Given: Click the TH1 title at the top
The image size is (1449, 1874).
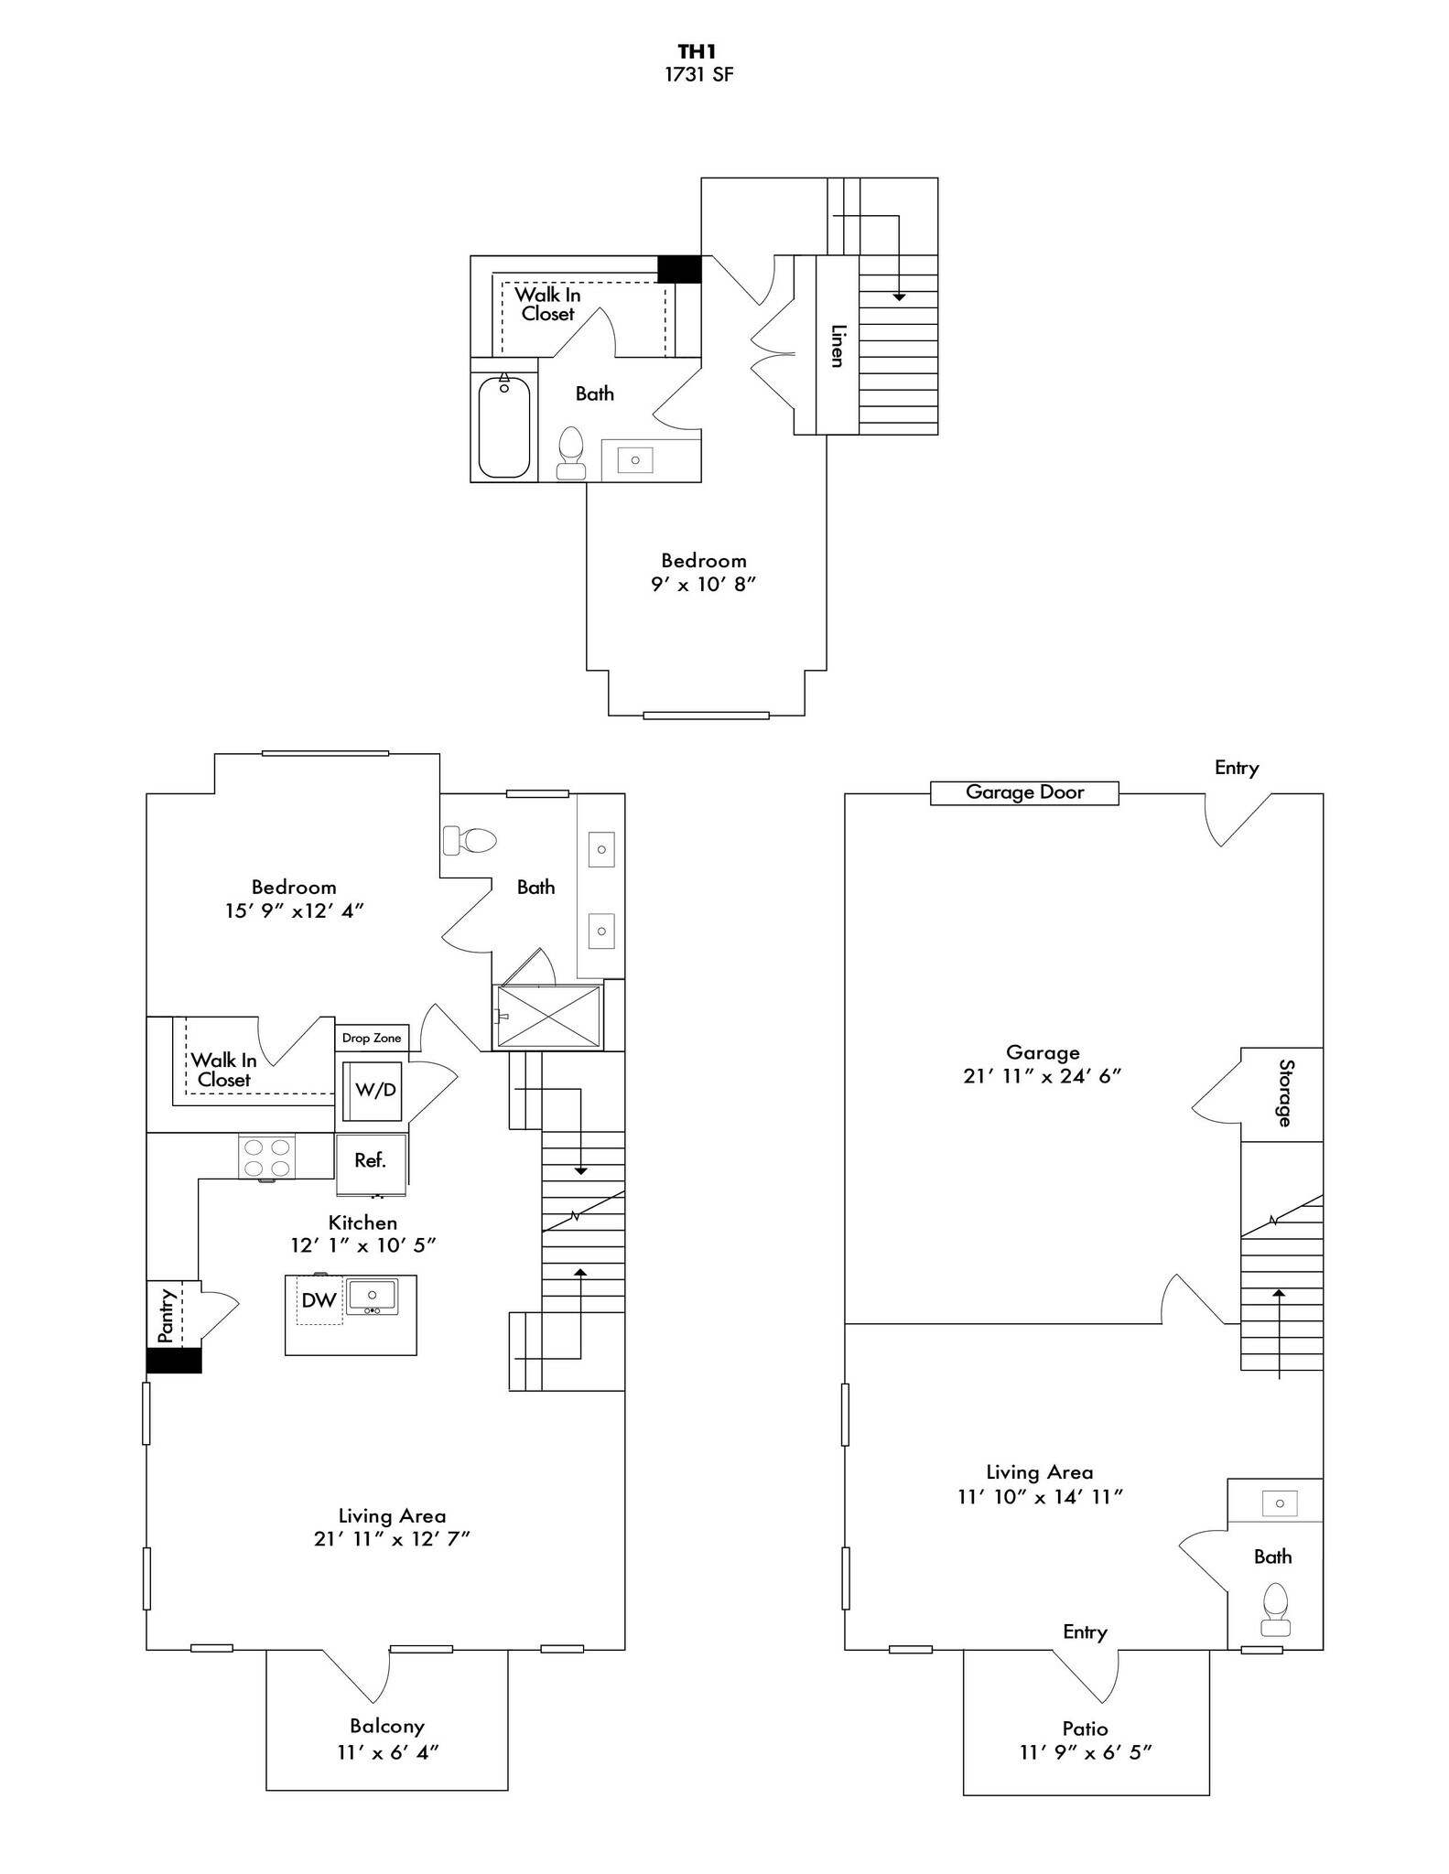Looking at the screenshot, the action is [697, 52].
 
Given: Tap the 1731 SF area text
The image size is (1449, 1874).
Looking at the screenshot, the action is [698, 75].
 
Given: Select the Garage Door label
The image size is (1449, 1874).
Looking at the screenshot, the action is [1024, 792].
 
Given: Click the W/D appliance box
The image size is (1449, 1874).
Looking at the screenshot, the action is [373, 1091].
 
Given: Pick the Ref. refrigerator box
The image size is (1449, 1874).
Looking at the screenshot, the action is [371, 1162].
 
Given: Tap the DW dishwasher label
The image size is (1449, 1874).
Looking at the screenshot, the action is [319, 1300].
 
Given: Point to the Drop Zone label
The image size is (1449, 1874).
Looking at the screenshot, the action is [372, 1038].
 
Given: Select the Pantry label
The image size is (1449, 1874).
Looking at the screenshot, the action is [166, 1316].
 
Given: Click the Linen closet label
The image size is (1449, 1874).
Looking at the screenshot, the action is [837, 346].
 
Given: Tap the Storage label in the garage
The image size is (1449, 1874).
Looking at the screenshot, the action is [1286, 1093].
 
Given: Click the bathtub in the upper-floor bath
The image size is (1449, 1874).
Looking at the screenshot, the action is [504, 426].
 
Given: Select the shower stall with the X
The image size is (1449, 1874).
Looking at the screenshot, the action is [548, 1017].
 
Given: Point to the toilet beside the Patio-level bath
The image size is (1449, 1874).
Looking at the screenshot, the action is [1275, 1610].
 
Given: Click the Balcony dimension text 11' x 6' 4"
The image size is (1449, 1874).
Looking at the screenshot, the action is [388, 1752].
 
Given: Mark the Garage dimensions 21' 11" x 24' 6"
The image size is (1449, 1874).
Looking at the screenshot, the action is [1042, 1076].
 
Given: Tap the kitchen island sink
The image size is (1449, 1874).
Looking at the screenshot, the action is [372, 1297].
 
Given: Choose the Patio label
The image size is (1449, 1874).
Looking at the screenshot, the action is [1086, 1729].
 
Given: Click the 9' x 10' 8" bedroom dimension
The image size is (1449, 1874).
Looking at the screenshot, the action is [703, 584].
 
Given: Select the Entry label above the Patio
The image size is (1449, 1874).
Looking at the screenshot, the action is [1086, 1632].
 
